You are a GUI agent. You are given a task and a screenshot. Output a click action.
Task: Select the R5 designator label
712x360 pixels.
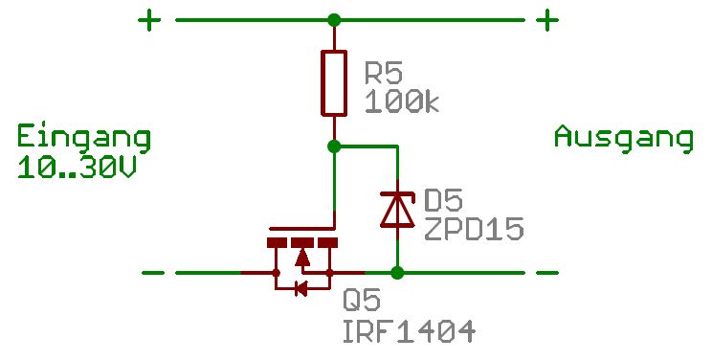(384, 73)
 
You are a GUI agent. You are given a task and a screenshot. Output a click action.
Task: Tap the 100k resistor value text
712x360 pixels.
(402, 101)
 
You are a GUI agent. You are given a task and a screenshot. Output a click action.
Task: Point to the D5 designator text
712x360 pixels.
(443, 200)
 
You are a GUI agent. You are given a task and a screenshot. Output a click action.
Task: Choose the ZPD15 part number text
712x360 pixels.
(474, 229)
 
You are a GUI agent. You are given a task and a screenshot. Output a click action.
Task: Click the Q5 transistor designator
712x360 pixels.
(362, 300)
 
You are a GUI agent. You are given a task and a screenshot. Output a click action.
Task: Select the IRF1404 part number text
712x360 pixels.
(410, 331)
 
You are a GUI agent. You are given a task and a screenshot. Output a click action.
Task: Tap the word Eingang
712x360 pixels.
(84, 138)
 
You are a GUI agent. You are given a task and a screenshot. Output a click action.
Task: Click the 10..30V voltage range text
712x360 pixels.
(77, 168)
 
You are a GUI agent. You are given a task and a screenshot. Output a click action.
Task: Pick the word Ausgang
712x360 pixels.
(623, 138)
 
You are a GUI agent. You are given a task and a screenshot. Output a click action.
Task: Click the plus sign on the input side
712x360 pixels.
(149, 20)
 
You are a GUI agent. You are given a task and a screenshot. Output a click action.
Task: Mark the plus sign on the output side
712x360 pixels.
(547, 20)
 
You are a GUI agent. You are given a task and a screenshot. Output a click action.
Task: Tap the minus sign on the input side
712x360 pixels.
(153, 273)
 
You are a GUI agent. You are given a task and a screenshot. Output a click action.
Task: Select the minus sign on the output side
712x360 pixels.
(547, 273)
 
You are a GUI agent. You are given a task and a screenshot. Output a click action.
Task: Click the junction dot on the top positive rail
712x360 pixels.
(334, 20)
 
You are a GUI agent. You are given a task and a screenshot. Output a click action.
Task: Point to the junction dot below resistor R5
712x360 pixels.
(334, 146)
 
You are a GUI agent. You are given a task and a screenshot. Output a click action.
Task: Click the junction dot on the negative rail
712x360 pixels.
(397, 273)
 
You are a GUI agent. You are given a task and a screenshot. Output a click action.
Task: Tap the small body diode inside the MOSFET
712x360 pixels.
(300, 288)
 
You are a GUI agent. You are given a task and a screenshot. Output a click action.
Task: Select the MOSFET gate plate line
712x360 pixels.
(302, 228)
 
